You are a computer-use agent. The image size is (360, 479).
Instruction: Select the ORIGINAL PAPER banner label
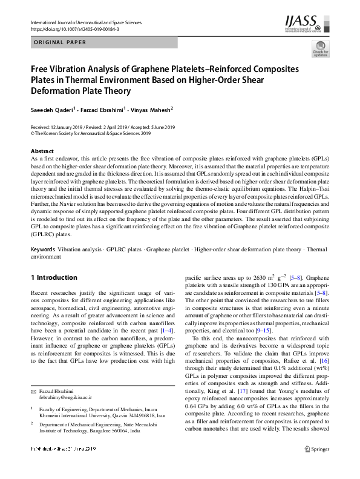click(x=60, y=42)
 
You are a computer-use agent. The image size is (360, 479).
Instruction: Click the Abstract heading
click(x=42, y=151)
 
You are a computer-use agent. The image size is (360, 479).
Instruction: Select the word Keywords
click(x=42, y=249)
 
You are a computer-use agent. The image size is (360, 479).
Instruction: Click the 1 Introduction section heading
click(x=54, y=278)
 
